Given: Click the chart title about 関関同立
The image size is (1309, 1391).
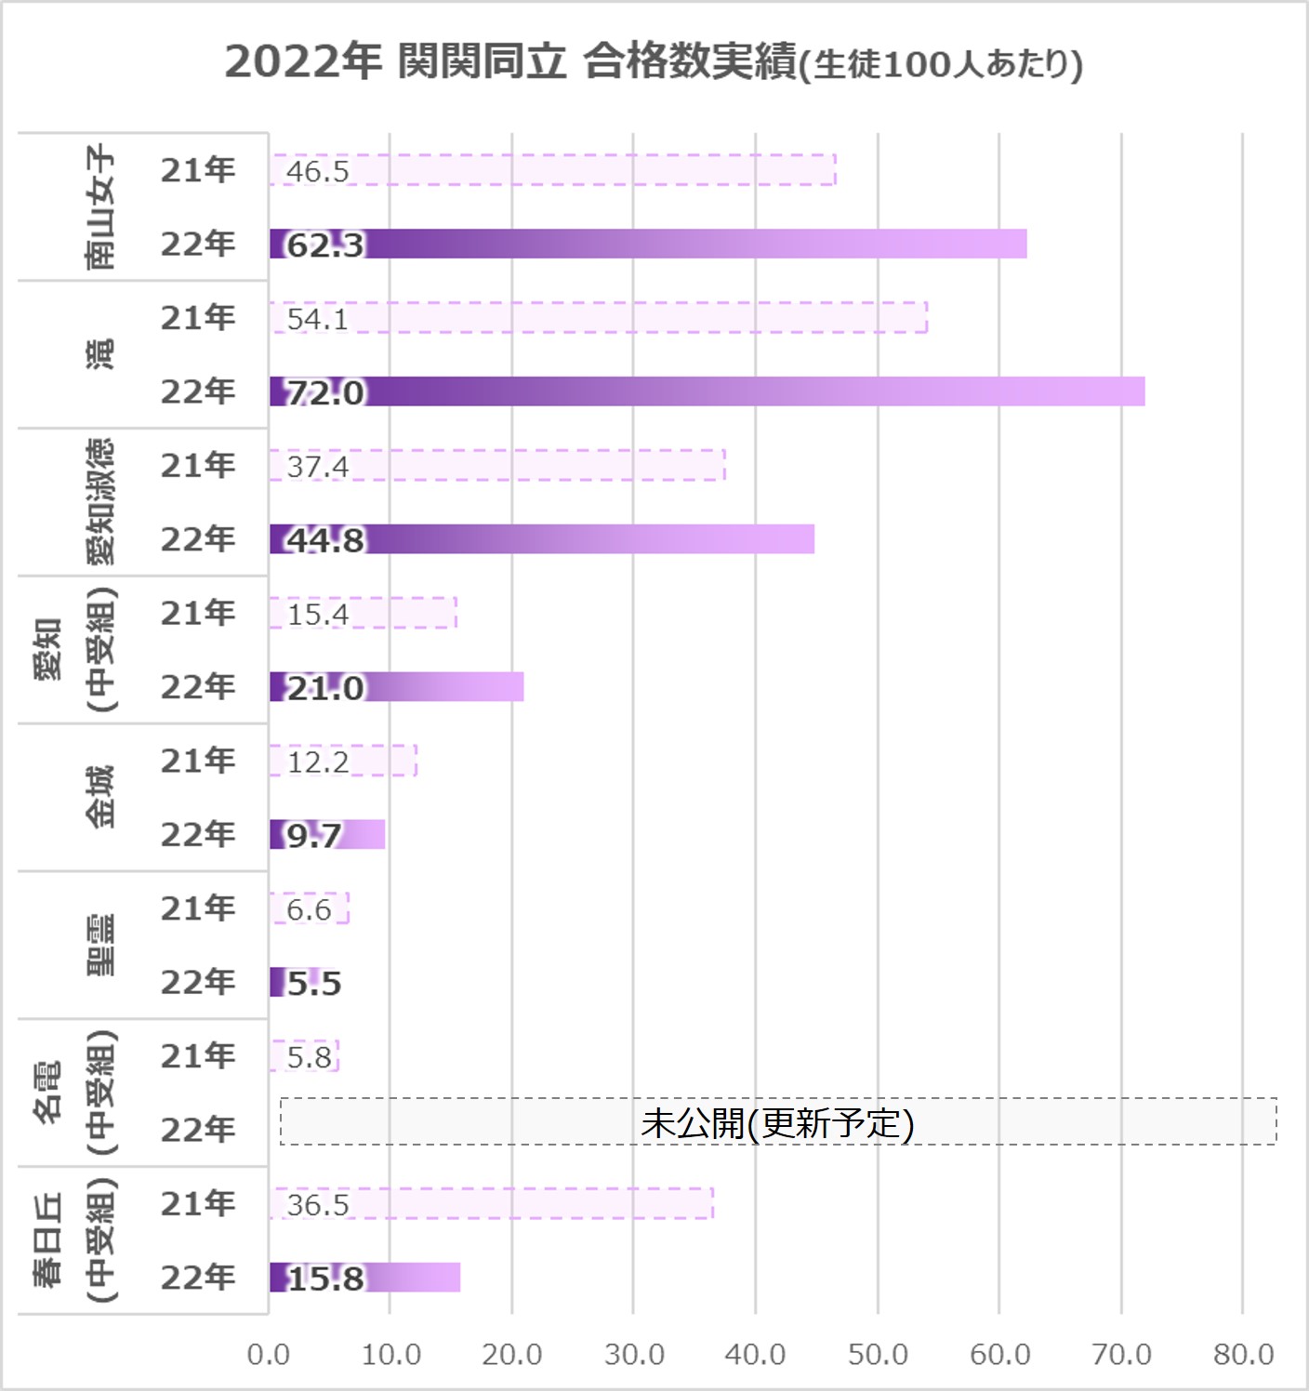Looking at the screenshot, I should [654, 63].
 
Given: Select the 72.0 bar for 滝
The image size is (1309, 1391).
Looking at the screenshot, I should [707, 391].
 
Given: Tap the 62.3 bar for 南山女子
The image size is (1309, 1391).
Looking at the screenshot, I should [648, 244].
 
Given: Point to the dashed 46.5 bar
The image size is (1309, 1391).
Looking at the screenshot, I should [552, 170].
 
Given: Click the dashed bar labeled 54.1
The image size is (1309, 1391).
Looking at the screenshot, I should [598, 318].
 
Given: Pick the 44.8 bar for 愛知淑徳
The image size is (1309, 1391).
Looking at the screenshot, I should [542, 539].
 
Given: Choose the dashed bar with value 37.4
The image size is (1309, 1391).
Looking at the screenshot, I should [497, 465].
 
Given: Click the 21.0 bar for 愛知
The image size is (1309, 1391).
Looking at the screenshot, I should [397, 687].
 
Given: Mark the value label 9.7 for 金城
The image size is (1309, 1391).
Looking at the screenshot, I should [314, 835].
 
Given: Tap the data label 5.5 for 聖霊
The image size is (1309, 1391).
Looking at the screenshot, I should [314, 983].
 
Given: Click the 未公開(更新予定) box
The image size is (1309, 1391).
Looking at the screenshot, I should [778, 1122].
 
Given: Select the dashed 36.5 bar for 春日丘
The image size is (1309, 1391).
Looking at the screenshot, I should [492, 1203].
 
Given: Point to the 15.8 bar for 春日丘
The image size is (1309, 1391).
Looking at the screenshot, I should [365, 1278].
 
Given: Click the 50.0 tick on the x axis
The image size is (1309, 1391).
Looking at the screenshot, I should [878, 1354].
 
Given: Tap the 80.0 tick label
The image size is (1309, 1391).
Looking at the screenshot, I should [1243, 1354].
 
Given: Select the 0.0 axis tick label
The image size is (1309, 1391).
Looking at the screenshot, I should [268, 1354].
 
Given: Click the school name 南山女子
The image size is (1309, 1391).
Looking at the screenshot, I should [100, 206].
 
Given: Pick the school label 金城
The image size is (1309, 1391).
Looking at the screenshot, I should [100, 797].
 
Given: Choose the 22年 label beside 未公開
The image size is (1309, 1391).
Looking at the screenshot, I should [197, 1130].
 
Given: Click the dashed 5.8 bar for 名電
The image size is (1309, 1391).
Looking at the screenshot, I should [305, 1056].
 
